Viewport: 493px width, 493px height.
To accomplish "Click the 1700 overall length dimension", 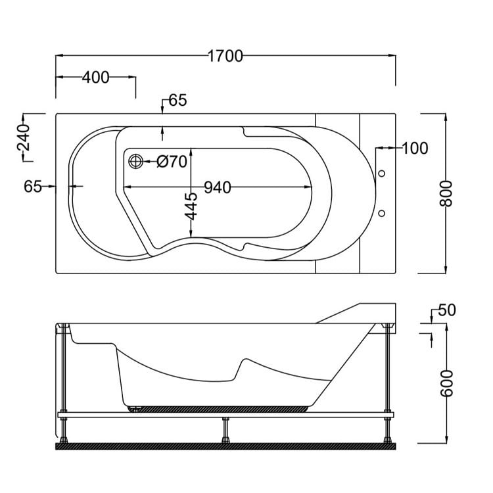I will pos(225,56).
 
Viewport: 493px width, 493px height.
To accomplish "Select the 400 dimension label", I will pos(95,78).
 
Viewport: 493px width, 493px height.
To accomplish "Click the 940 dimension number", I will pos(217,187).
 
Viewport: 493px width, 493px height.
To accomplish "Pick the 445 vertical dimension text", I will pos(191,206).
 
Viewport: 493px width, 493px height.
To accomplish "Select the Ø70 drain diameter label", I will pos(173,161).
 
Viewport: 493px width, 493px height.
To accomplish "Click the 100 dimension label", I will pos(414,148).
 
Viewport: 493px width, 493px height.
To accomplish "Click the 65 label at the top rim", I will pos(177,101).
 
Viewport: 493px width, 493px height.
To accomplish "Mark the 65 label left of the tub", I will pos(33,187).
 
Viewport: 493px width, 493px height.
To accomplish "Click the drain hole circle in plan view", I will pos(135,161).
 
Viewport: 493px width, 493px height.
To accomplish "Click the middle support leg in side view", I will pos(225,431).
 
